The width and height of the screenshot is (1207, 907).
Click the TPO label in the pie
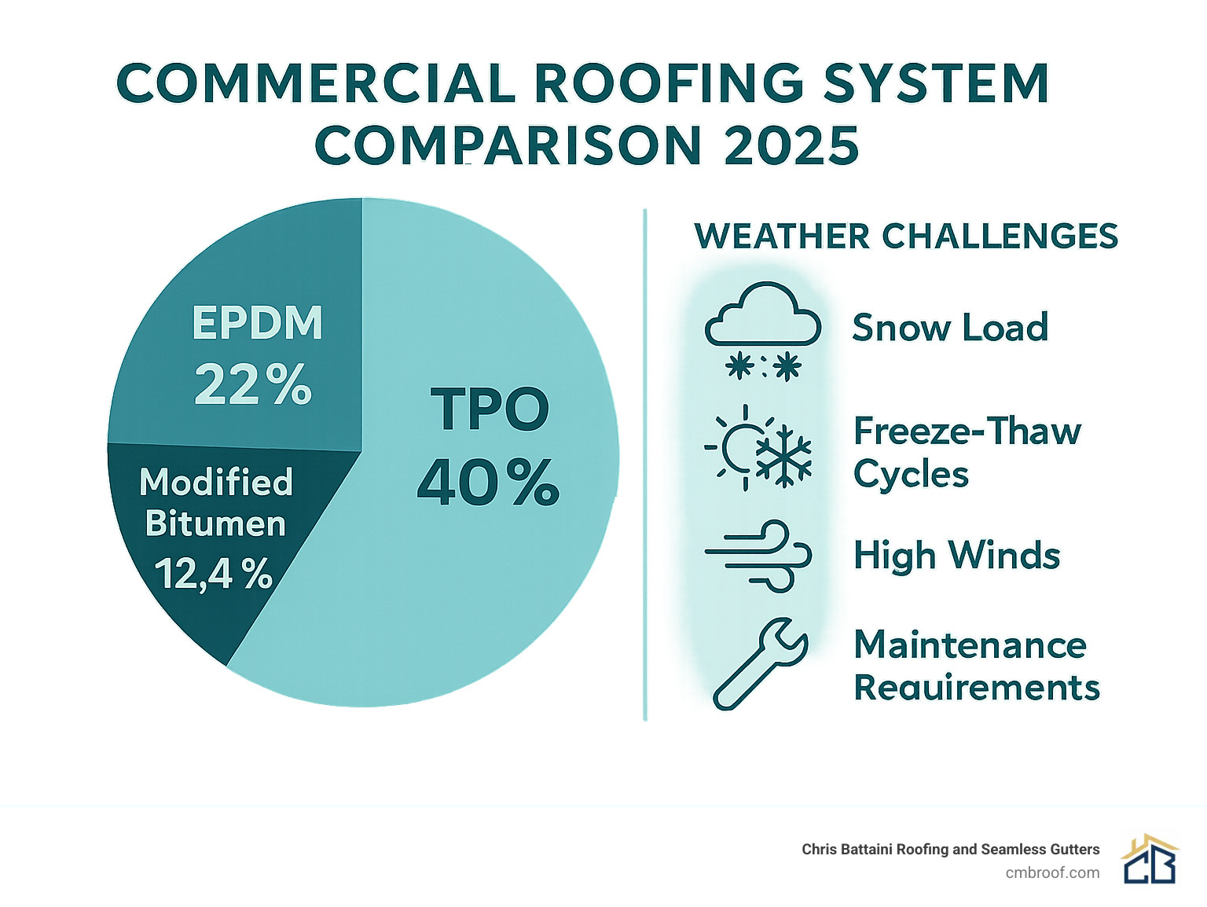tap(490, 409)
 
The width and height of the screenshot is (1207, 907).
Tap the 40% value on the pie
tap(488, 483)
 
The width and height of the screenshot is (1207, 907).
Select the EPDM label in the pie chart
tap(257, 323)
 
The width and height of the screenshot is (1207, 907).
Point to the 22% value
tap(253, 385)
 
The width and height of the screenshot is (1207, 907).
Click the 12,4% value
tap(213, 574)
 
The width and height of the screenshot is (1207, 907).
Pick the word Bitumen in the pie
tap(215, 524)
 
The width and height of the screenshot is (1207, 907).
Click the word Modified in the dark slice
tap(216, 482)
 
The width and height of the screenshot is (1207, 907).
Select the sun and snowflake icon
tap(759, 447)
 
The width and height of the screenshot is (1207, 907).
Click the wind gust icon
tap(759, 555)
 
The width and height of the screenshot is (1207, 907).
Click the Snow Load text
tap(950, 328)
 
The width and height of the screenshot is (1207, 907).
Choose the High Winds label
tap(956, 556)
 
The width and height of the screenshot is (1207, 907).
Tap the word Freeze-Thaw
tap(967, 431)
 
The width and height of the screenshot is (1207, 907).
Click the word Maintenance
tap(970, 645)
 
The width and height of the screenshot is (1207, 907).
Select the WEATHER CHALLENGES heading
tap(906, 237)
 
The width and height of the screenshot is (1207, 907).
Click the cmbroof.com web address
tap(1052, 872)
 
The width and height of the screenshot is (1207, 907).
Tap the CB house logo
tap(1150, 860)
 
